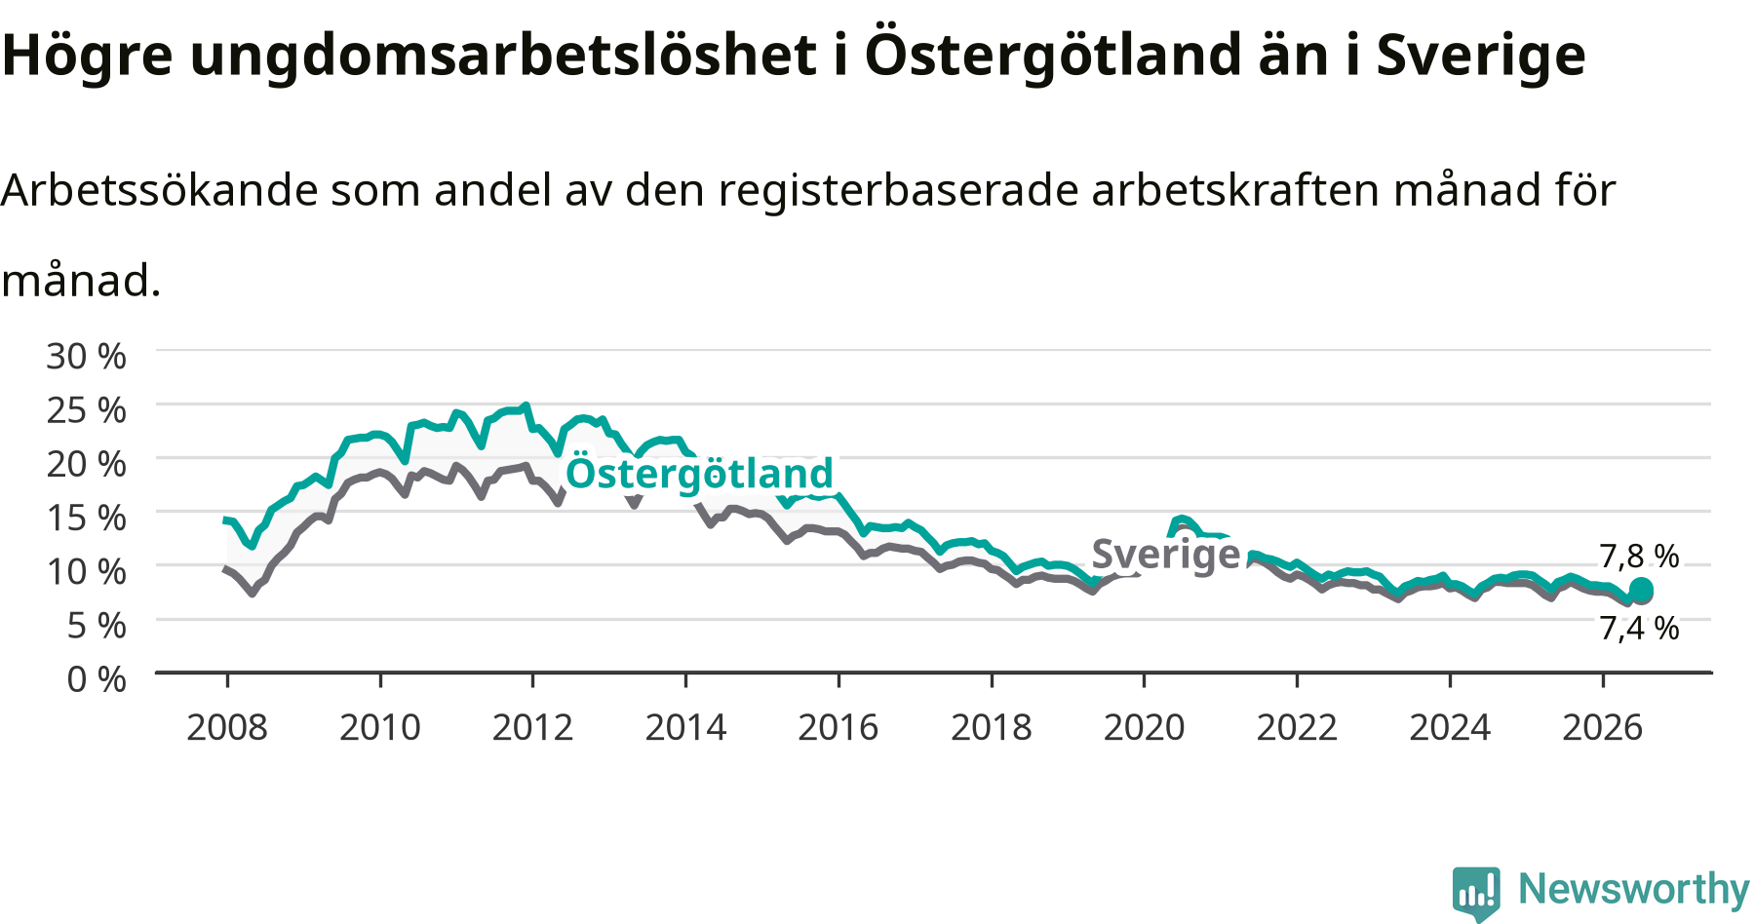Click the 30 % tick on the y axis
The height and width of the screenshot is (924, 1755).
pos(86,356)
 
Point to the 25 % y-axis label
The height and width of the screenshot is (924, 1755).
pos(86,410)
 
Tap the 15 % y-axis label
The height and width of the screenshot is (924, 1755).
pos(86,518)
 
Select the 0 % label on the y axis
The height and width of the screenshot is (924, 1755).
pos(97,678)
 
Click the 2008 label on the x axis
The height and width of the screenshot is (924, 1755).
pos(227,727)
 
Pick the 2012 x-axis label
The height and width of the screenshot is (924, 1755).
pos(532,727)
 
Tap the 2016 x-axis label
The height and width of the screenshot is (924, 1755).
pos(838,727)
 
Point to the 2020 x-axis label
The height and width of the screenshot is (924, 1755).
pos(1144,727)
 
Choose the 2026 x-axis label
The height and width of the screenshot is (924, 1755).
pos(1603,727)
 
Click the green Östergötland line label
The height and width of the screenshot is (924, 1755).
pos(700,474)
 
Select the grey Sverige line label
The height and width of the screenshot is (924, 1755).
pos(1166,555)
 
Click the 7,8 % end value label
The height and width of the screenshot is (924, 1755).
pos(1640,557)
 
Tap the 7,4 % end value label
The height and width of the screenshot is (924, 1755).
pos(1640,629)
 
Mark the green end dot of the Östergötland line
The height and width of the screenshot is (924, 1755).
pos(1641,590)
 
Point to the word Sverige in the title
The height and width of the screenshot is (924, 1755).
pos(1481,57)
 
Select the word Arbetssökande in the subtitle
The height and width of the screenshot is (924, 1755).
pos(160,190)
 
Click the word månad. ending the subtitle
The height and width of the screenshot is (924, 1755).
pos(81,281)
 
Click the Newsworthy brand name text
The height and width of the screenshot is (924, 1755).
pos(1634,889)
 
